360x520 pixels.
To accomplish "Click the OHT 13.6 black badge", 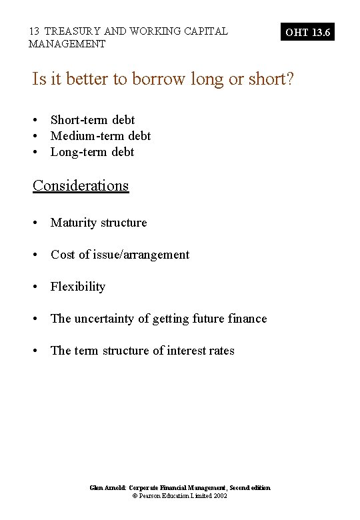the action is [x=308, y=31].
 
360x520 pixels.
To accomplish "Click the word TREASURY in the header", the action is [x=70, y=31].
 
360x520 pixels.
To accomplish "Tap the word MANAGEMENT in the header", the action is [x=67, y=44].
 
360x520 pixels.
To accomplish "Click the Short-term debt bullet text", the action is [x=93, y=120].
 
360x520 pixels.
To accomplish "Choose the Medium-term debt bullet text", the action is [x=101, y=136].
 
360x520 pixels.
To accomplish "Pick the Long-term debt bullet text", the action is [x=92, y=152].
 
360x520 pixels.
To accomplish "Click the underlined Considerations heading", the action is [x=81, y=185].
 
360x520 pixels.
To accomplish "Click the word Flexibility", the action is [x=78, y=287].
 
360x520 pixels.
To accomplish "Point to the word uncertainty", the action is [x=107, y=319].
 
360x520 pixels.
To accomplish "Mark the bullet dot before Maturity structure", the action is [x=36, y=223].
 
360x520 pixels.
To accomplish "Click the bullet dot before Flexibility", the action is [x=36, y=287].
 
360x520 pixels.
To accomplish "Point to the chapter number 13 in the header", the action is [x=34, y=31].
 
